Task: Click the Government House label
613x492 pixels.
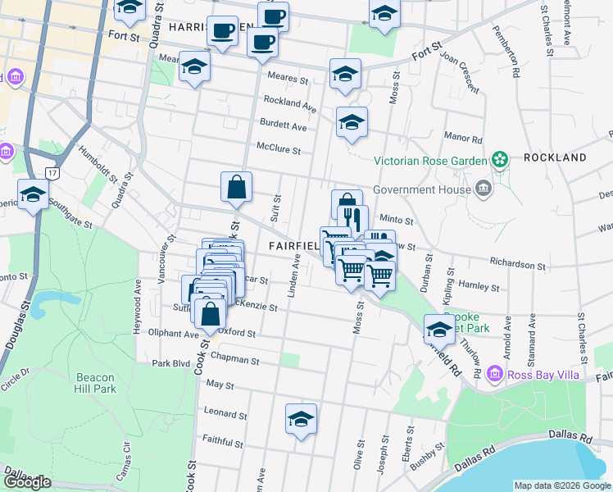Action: coord(422,189)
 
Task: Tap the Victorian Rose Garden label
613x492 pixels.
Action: coord(430,160)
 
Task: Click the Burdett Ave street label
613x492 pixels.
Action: coord(283,128)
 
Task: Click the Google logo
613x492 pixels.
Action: coord(28,482)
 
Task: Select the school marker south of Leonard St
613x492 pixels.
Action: coord(301,419)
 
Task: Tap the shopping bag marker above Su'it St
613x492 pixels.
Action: coord(236,187)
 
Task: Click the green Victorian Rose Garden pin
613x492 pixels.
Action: coord(499,159)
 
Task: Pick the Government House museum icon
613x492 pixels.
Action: coord(484,189)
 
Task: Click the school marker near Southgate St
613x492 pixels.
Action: coord(34,195)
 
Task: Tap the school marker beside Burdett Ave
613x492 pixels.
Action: coord(352,123)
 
